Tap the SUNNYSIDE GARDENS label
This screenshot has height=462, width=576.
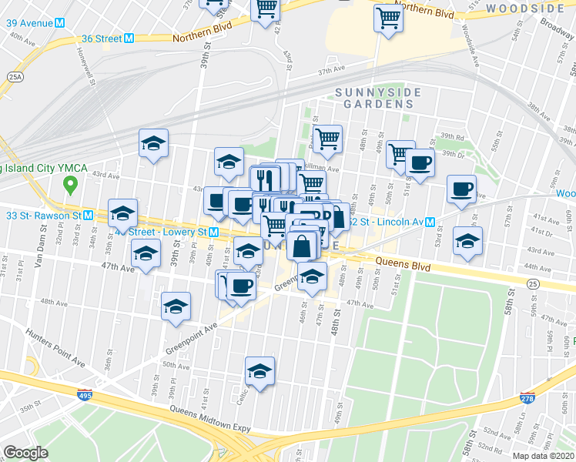pos(378,98)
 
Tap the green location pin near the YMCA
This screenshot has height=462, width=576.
pos(70,185)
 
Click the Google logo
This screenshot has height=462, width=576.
pos(25,453)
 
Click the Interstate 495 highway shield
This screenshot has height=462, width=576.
pos(83,395)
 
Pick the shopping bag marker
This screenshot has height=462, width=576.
pos(303,246)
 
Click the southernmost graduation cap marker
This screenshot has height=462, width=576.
pos(260,371)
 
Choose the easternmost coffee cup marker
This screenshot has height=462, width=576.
pos(462,189)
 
